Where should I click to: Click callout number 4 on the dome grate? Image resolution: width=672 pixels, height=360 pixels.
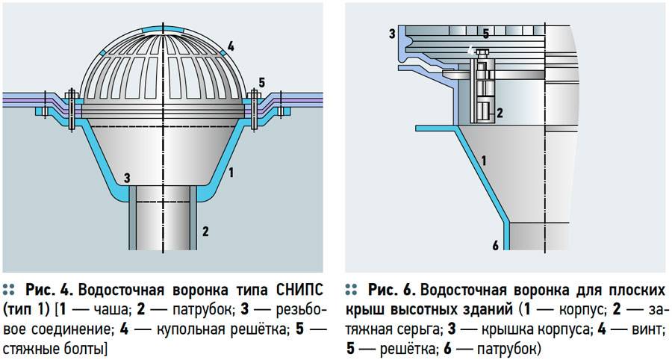tap(231, 46)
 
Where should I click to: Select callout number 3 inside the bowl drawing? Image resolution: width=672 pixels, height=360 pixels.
tap(127, 178)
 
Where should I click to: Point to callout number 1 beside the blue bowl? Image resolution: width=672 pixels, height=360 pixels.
tap(231, 173)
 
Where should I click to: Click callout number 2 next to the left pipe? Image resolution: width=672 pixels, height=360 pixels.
tap(206, 231)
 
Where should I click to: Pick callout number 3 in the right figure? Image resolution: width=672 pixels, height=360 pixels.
tap(391, 34)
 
